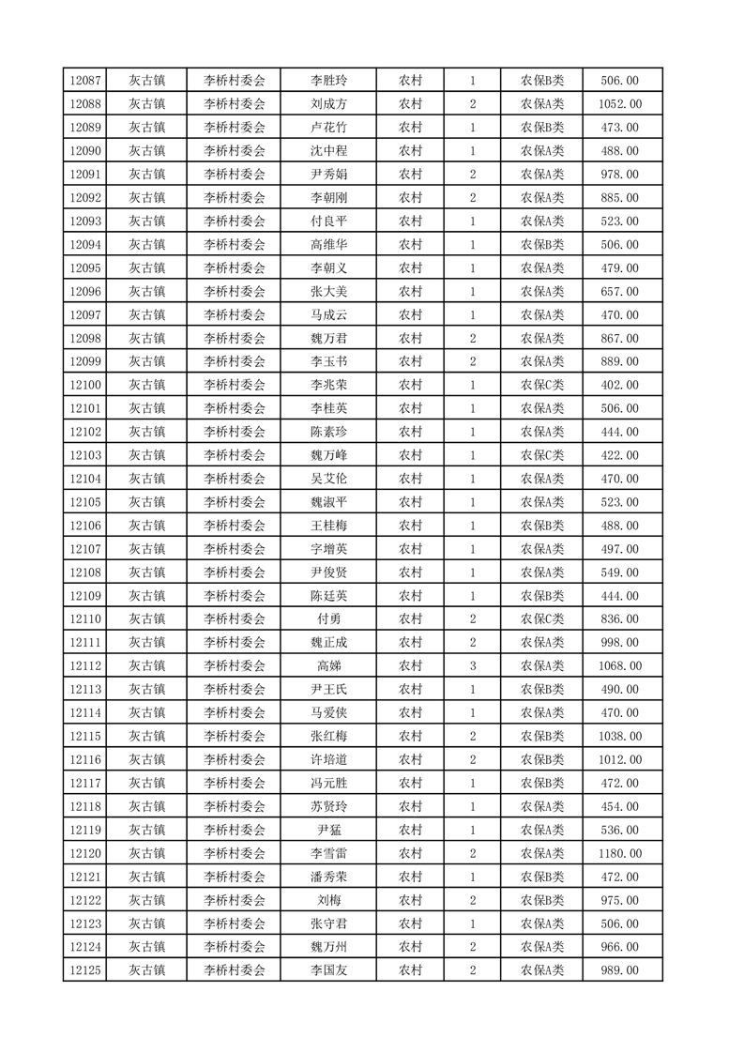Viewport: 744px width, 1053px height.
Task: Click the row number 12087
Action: [x=84, y=81]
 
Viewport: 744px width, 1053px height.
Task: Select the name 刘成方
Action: [x=328, y=104]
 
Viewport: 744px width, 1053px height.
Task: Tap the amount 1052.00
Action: [x=620, y=104]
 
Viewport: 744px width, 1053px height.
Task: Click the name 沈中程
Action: [x=328, y=151]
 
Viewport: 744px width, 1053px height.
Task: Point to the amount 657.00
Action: [x=620, y=292]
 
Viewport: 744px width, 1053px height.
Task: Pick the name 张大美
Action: [x=328, y=292]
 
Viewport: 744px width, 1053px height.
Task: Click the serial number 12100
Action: [x=84, y=385]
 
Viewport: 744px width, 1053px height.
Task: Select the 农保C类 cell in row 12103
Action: [x=542, y=455]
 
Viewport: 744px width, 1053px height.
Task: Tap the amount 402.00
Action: [x=620, y=385]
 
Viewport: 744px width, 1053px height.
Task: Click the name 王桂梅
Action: [x=328, y=526]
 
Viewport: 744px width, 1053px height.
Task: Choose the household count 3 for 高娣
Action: [x=473, y=666]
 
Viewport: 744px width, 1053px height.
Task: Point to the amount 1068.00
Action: [x=620, y=666]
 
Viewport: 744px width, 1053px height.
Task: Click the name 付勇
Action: [x=328, y=619]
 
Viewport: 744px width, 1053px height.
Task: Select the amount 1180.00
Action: [x=620, y=853]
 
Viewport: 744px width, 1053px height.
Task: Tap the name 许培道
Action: [x=328, y=759]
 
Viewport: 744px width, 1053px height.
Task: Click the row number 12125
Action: [x=84, y=970]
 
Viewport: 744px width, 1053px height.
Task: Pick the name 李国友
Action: [x=328, y=970]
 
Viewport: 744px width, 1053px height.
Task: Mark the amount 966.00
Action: [x=620, y=947]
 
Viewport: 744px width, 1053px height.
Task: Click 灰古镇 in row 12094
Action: [x=146, y=245]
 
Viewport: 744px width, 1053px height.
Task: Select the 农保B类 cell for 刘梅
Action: [x=542, y=900]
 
